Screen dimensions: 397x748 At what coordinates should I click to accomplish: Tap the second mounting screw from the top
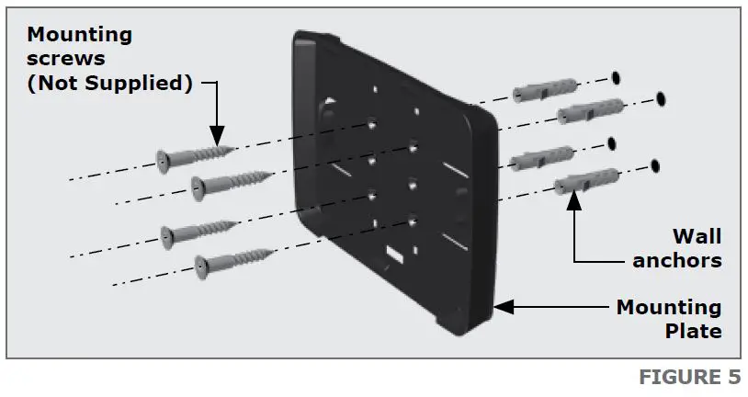[x=229, y=181]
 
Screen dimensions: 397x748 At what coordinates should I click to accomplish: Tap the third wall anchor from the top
[x=542, y=158]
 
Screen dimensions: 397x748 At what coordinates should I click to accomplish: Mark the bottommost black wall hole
[x=656, y=166]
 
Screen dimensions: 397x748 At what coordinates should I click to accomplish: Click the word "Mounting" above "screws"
[x=79, y=36]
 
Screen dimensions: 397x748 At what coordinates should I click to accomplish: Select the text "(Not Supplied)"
[x=109, y=84]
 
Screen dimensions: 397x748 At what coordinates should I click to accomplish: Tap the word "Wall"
[x=697, y=236]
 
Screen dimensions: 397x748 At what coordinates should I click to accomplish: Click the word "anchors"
[x=677, y=260]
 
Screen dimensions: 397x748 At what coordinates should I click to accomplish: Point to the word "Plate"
[x=693, y=330]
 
